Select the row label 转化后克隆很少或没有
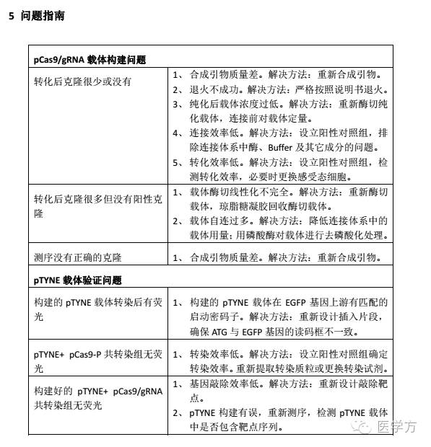pyautogui.click(x=83, y=81)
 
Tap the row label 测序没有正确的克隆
pyautogui.click(x=77, y=257)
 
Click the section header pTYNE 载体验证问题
pyautogui.click(x=78, y=280)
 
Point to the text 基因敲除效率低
pyautogui.click(x=223, y=384)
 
